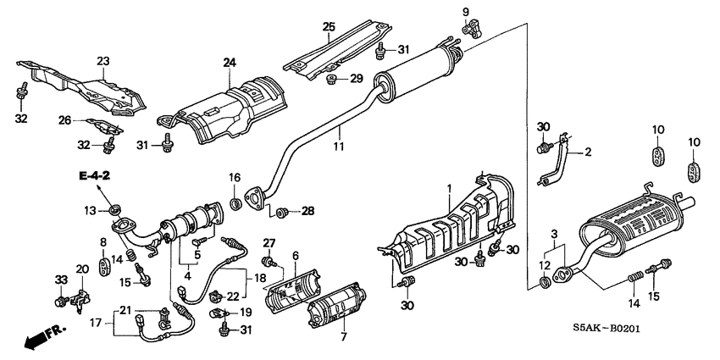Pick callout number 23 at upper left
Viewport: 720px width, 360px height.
coord(103,60)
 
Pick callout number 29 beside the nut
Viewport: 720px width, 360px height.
coord(357,79)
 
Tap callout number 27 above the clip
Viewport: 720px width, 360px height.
coord(269,244)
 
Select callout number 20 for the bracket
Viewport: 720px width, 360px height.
coord(82,269)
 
